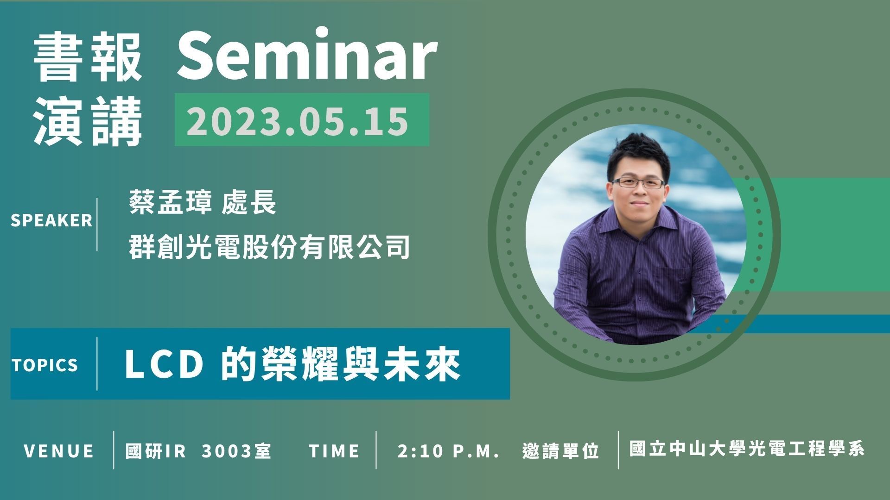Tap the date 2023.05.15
pyautogui.click(x=298, y=120)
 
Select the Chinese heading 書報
pyautogui.click(x=88, y=59)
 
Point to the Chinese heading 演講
pyautogui.click(x=88, y=121)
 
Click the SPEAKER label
pyautogui.click(x=51, y=220)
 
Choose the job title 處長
pyautogui.click(x=249, y=203)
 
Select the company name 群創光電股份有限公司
pyautogui.click(x=270, y=246)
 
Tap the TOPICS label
pyautogui.click(x=45, y=365)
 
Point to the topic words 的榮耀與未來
pyautogui.click(x=341, y=364)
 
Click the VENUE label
pyautogui.click(x=59, y=451)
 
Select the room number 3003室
pyautogui.click(x=236, y=451)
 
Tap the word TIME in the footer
pyautogui.click(x=334, y=451)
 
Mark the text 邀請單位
pyautogui.click(x=561, y=451)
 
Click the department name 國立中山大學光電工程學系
pyautogui.click(x=747, y=449)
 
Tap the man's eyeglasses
pyautogui.click(x=638, y=182)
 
